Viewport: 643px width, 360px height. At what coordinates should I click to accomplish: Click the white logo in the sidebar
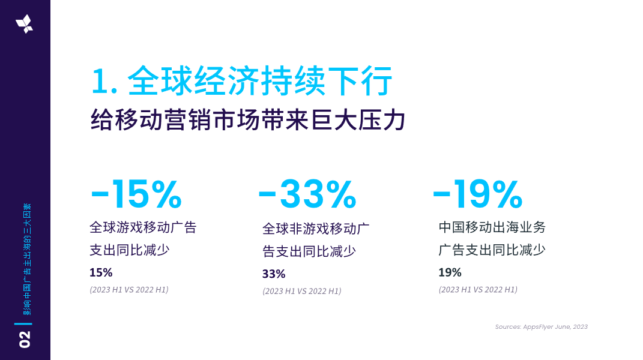pyautogui.click(x=25, y=24)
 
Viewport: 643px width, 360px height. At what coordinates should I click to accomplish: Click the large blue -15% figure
pyautogui.click(x=136, y=194)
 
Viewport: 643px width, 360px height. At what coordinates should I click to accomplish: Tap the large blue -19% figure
pyautogui.click(x=478, y=194)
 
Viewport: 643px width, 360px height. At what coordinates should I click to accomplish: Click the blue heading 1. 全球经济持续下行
pyautogui.click(x=242, y=82)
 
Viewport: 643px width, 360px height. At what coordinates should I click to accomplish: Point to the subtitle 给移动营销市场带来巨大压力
pyautogui.click(x=248, y=119)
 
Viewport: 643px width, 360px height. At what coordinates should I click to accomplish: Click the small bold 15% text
pyautogui.click(x=101, y=272)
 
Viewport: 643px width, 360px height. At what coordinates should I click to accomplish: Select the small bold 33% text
pyautogui.click(x=274, y=274)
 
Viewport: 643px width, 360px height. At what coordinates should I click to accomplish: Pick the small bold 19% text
pyautogui.click(x=450, y=272)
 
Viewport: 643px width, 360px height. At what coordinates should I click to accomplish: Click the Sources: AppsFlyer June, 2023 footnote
pyautogui.click(x=541, y=327)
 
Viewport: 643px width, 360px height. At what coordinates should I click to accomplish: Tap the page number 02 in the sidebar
pyautogui.click(x=25, y=339)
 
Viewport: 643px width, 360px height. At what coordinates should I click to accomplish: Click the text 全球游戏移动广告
pyautogui.click(x=143, y=228)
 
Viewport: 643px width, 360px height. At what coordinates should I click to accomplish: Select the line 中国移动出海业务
pyautogui.click(x=492, y=227)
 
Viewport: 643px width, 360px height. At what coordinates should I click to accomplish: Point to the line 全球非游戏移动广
pyautogui.click(x=316, y=229)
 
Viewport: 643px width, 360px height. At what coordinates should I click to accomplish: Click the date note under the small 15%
pyautogui.click(x=129, y=290)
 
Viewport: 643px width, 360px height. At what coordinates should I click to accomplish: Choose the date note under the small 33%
pyautogui.click(x=302, y=291)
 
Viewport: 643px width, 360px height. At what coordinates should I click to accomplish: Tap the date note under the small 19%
pyautogui.click(x=478, y=290)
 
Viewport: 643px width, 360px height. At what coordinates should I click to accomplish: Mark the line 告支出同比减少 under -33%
pyautogui.click(x=309, y=251)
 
